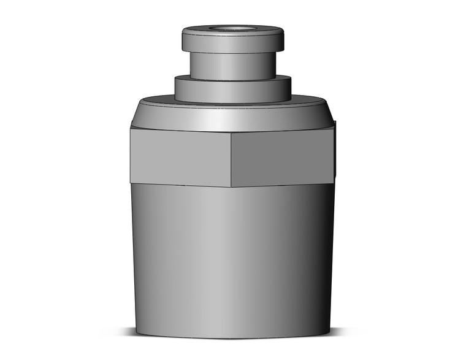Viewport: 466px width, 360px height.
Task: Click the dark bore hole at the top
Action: pyautogui.click(x=233, y=28)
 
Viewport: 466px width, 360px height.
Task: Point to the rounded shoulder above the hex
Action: pyautogui.click(x=233, y=117)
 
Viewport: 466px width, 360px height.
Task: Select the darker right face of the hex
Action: pyautogui.click(x=282, y=158)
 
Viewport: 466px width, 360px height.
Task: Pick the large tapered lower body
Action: pyautogui.click(x=233, y=258)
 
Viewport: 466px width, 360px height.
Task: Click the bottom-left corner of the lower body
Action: pyautogui.click(x=136, y=333)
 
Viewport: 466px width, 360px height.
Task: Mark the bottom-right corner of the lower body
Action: pyautogui.click(x=330, y=333)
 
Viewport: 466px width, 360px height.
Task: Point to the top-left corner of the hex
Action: pyautogui.click(x=131, y=128)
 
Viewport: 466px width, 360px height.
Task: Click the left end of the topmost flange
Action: pyautogui.click(x=183, y=40)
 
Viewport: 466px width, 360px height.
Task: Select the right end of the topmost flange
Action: pyautogui.click(x=284, y=40)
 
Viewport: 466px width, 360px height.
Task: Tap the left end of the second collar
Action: pyautogui.click(x=175, y=89)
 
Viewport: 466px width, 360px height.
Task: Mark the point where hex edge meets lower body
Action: pyautogui.click(x=231, y=186)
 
